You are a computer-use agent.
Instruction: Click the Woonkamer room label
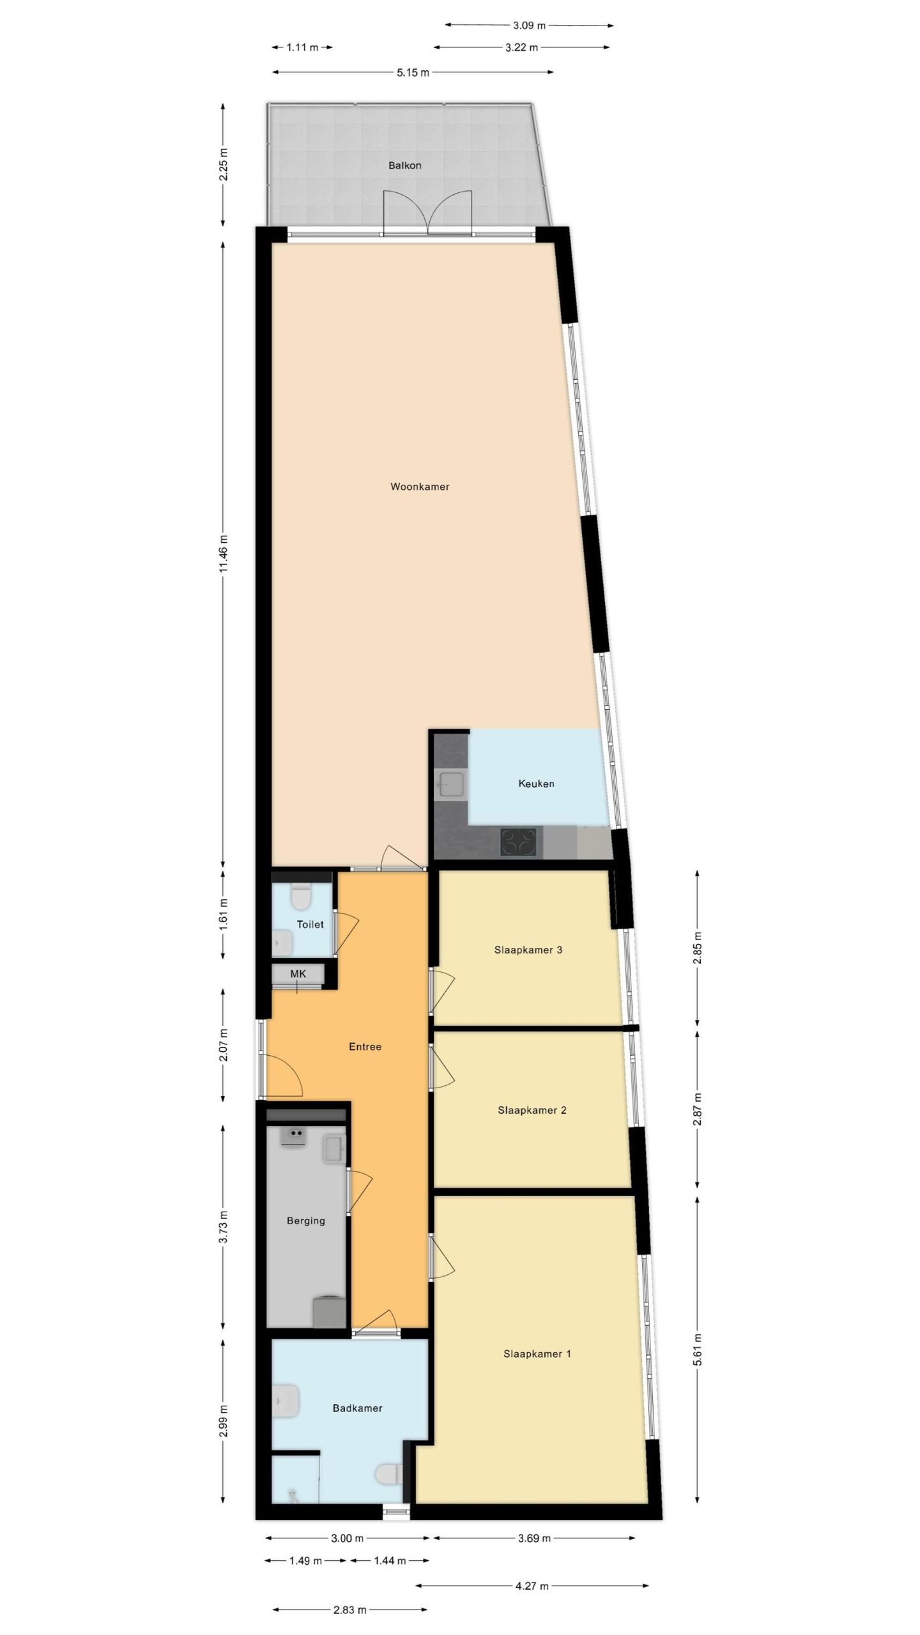(420, 487)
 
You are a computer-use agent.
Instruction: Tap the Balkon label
(405, 165)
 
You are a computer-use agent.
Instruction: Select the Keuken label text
(536, 784)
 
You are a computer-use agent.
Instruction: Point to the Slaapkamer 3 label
(528, 950)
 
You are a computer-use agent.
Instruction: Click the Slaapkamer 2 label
(532, 1110)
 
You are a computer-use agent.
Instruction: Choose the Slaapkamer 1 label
(537, 1353)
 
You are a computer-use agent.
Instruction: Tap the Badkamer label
(358, 1408)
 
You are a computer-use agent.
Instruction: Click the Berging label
(306, 1221)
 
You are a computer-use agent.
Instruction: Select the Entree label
(365, 1046)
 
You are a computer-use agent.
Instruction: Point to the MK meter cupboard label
(298, 974)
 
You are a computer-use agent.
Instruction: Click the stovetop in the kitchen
(517, 841)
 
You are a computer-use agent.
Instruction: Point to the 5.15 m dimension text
(413, 72)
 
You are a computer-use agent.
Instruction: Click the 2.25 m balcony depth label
(223, 165)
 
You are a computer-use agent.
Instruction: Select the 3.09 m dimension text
(530, 26)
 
